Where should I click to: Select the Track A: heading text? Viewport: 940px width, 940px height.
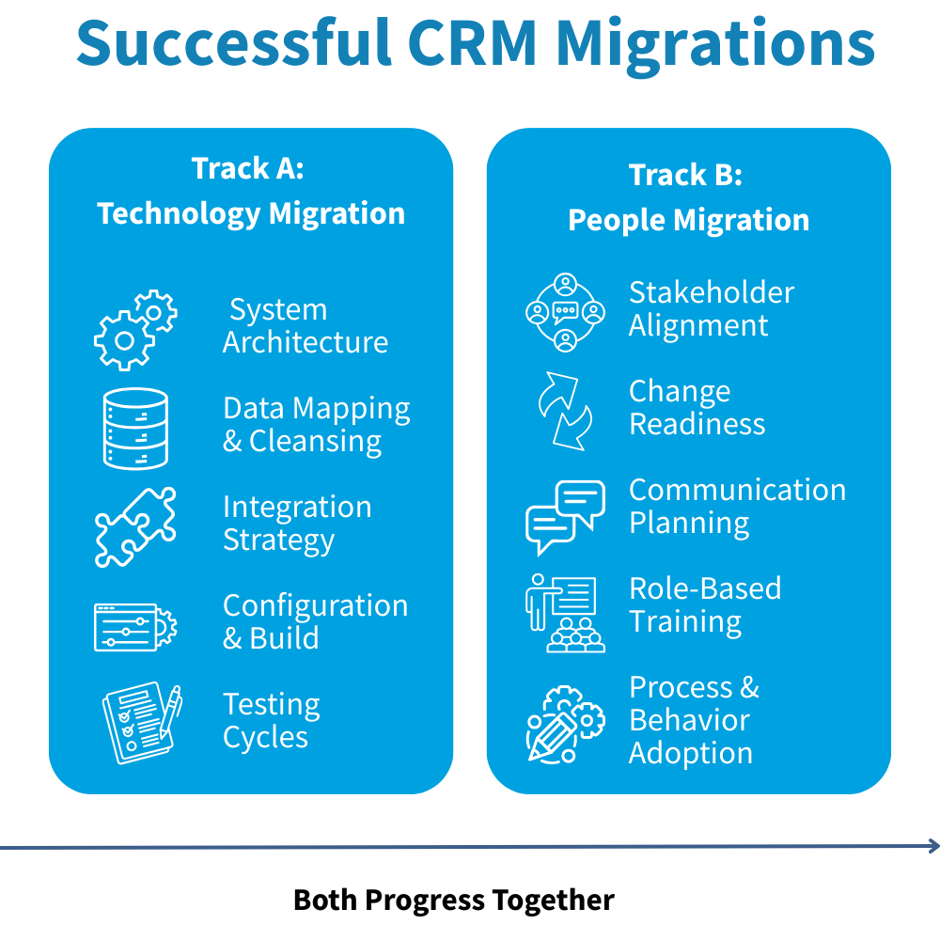tap(248, 168)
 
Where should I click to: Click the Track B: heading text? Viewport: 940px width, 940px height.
tap(686, 175)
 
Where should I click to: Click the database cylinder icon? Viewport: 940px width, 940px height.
tap(134, 428)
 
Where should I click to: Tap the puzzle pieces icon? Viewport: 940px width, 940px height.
tap(134, 525)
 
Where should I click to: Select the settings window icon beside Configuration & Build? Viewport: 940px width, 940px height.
tap(134, 626)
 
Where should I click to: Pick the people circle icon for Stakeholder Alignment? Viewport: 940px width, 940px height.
tap(564, 313)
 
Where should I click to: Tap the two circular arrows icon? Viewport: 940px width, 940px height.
tap(564, 411)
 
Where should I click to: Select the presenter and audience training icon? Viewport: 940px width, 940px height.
tap(564, 614)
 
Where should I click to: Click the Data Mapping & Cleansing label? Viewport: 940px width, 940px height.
tap(316, 425)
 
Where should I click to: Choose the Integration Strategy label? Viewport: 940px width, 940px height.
tap(296, 524)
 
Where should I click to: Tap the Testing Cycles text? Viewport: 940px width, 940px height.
tap(271, 721)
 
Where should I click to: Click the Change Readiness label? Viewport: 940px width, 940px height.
tap(697, 408)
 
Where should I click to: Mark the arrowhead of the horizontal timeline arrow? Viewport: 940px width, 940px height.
tap(932, 846)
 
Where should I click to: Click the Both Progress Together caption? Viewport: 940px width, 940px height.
tap(453, 900)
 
